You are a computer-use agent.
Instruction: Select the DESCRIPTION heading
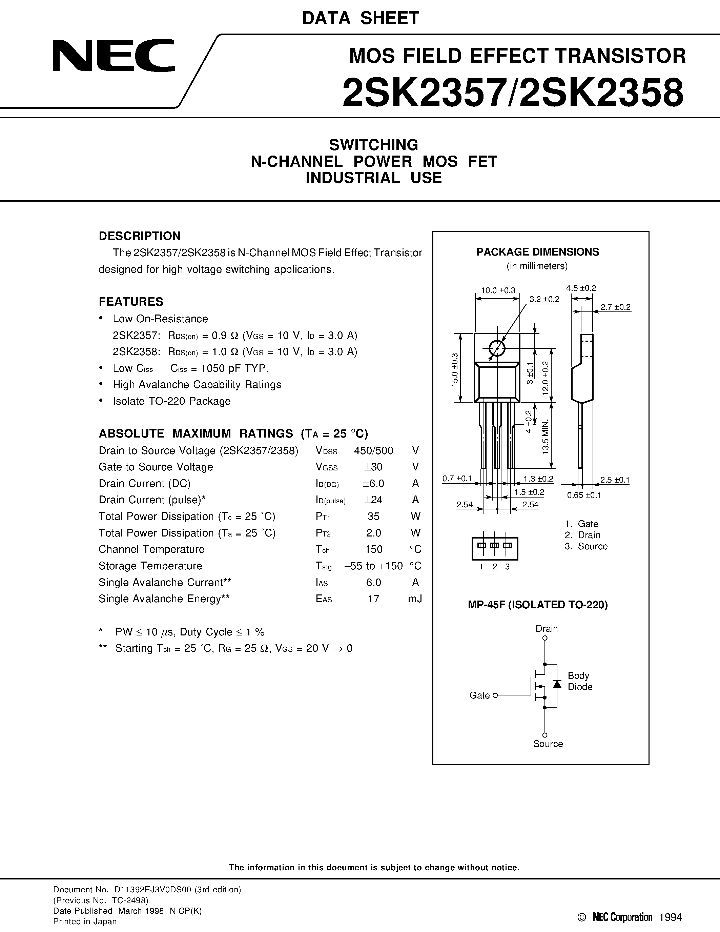[x=140, y=236]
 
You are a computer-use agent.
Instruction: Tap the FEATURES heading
[x=131, y=302]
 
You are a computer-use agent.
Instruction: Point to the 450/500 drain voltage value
[x=373, y=451]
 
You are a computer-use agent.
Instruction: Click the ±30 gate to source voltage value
[x=373, y=467]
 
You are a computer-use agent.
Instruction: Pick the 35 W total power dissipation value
[x=373, y=516]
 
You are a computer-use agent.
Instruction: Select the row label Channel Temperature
[x=151, y=549]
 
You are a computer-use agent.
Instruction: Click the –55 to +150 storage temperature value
[x=373, y=566]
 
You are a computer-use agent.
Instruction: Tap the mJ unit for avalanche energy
[x=415, y=599]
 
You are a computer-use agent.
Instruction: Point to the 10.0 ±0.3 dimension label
[x=498, y=290]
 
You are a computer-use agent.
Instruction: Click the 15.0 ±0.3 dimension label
[x=454, y=369]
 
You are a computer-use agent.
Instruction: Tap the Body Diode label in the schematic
[x=580, y=681]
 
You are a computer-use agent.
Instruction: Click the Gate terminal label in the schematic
[x=479, y=695]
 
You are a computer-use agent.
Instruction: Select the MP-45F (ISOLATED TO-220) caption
[x=537, y=605]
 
